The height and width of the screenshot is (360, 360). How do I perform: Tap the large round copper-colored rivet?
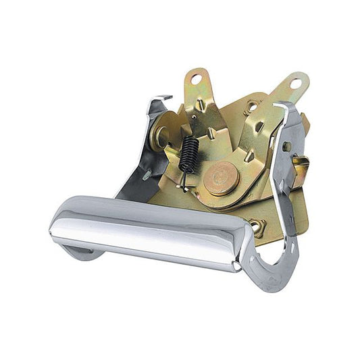tap(221, 178)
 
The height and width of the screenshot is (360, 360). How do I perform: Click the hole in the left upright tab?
tap(195, 79)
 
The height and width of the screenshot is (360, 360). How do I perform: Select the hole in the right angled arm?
tap(295, 83)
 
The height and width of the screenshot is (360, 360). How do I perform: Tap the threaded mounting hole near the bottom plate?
tap(257, 227)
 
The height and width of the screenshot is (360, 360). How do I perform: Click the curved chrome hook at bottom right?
tap(274, 270)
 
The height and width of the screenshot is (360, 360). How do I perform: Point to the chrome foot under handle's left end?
tap(81, 253)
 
